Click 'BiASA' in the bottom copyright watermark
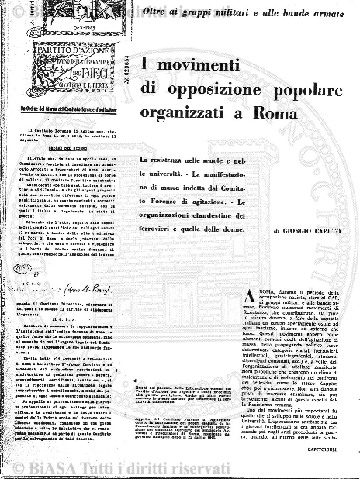(x=136, y=464)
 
